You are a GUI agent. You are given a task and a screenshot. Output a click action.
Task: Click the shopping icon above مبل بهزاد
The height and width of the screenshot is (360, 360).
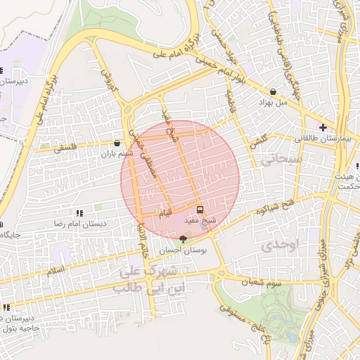[273, 91]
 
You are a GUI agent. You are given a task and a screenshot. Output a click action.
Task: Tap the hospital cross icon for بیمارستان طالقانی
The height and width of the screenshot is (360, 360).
[322, 127]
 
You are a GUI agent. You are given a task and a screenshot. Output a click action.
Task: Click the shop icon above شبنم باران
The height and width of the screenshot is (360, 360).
[117, 143]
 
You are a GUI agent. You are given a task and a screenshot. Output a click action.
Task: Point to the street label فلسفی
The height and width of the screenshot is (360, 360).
[67, 148]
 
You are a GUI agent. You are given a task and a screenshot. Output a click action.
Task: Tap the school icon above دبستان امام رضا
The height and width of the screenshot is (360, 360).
[79, 212]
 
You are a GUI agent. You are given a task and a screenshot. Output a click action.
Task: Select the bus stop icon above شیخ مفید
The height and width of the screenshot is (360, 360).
[200, 209]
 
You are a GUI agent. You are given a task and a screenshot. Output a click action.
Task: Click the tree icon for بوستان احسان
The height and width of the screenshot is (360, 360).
[184, 239]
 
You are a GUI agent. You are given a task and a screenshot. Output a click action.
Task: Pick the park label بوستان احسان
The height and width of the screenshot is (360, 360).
[182, 250]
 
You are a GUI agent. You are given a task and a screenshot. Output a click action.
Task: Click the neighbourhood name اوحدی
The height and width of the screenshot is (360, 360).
[279, 245]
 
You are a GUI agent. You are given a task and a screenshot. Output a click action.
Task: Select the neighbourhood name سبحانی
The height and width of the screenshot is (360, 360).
[281, 160]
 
